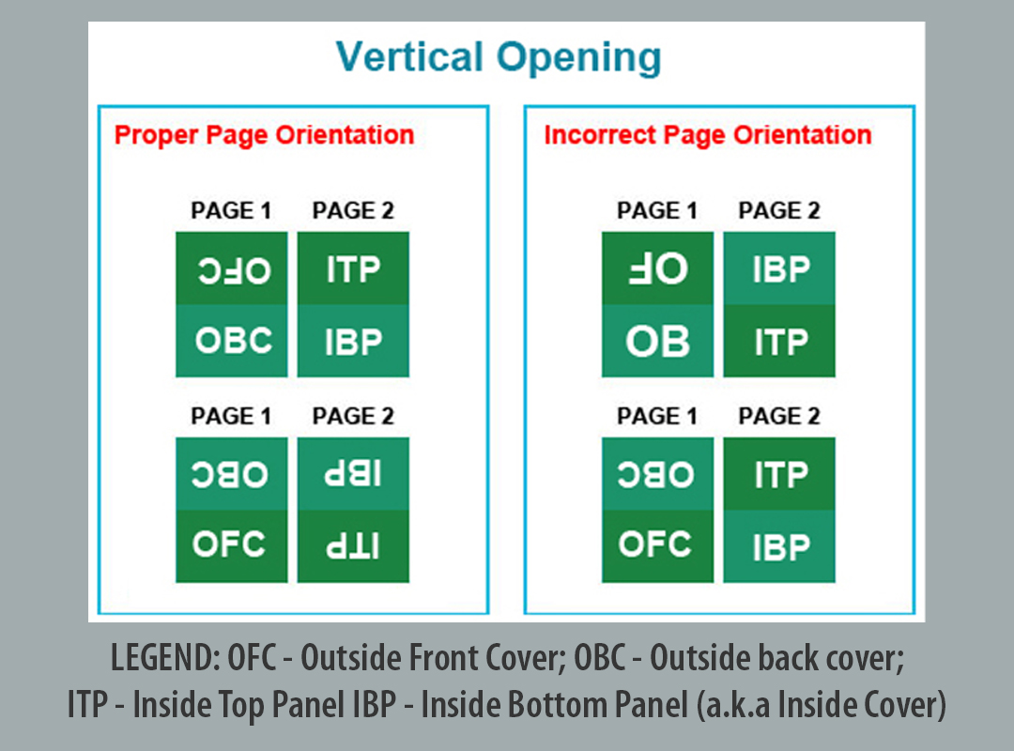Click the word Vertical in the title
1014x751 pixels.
(409, 56)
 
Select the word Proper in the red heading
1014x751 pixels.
(156, 136)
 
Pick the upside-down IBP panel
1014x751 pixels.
(353, 473)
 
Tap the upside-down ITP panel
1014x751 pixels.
(353, 546)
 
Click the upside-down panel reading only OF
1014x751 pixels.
(657, 268)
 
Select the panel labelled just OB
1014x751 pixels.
(657, 341)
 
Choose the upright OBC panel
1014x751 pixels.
(232, 341)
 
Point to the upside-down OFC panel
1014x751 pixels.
(232, 268)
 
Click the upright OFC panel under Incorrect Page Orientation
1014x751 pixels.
(657, 546)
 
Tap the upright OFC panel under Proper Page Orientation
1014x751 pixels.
(232, 546)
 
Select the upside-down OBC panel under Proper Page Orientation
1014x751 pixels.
(232, 473)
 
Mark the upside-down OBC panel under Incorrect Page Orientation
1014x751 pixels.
(657, 473)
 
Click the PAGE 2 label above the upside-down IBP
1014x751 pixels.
(353, 416)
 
